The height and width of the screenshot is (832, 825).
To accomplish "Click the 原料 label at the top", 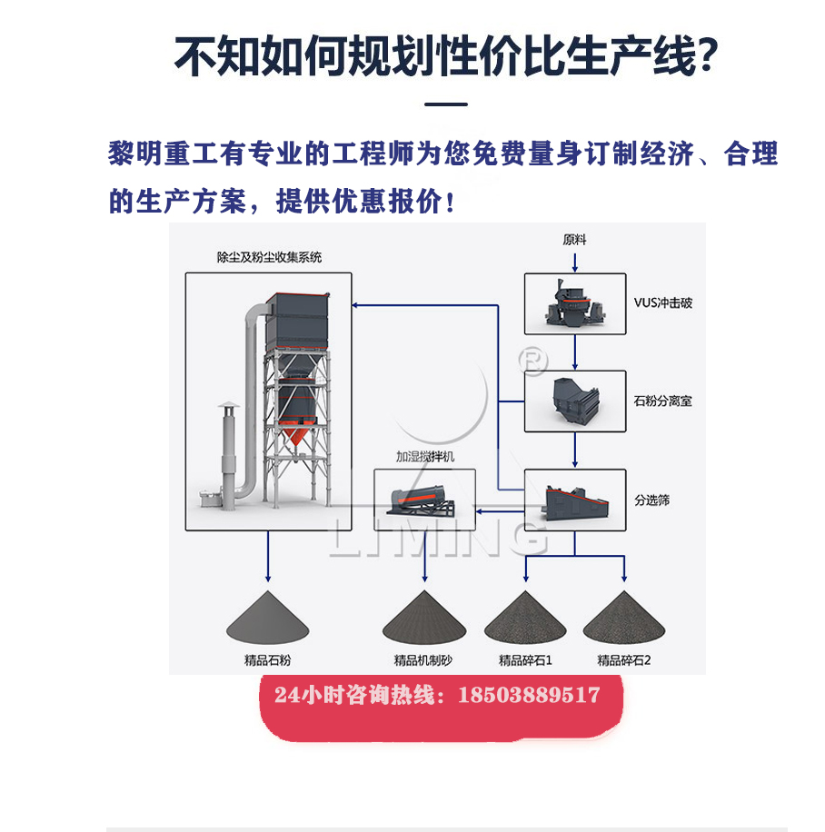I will pos(575,241).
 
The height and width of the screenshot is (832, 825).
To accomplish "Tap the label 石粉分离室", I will pos(662,401).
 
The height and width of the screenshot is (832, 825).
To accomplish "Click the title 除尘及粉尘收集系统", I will pos(269,258).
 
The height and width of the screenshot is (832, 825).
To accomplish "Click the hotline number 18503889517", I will pos(530,696).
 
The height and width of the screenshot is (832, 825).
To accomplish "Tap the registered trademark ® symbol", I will pos(532,361).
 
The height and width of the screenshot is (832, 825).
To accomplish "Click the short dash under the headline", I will pos(446,105).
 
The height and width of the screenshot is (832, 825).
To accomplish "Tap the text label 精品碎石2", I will pos(624,660).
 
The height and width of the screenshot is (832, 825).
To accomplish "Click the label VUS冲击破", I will pos(662,303).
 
